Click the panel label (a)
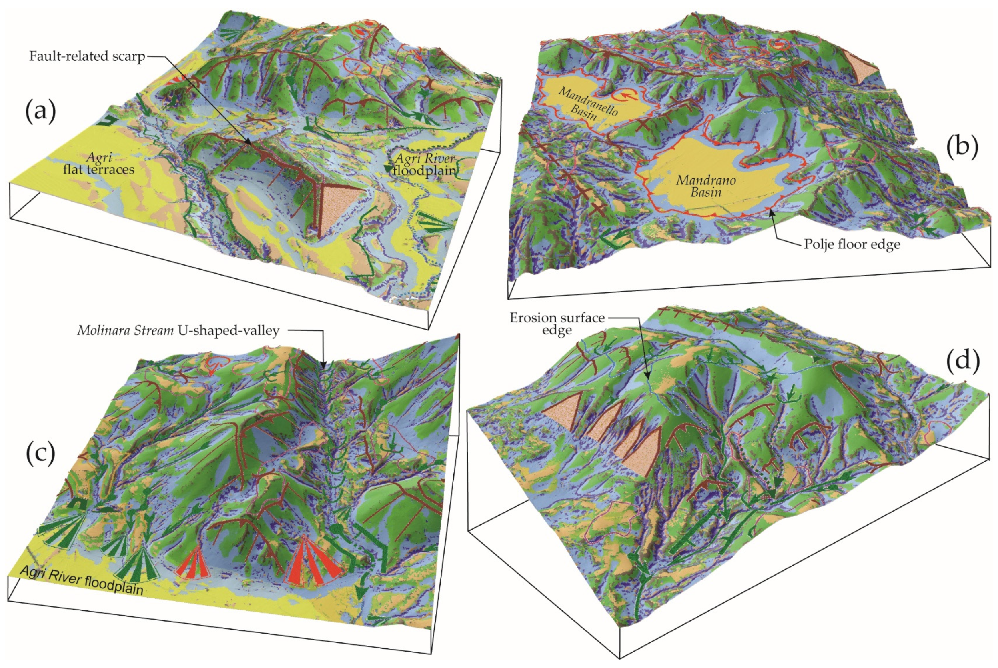click(41, 112)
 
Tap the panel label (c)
click(40, 454)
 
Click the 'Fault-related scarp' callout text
click(87, 56)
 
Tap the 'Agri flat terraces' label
click(99, 164)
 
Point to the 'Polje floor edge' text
click(852, 244)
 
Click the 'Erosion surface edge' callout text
click(557, 324)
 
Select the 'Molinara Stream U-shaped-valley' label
click(178, 330)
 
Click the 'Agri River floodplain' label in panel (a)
click(424, 164)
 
